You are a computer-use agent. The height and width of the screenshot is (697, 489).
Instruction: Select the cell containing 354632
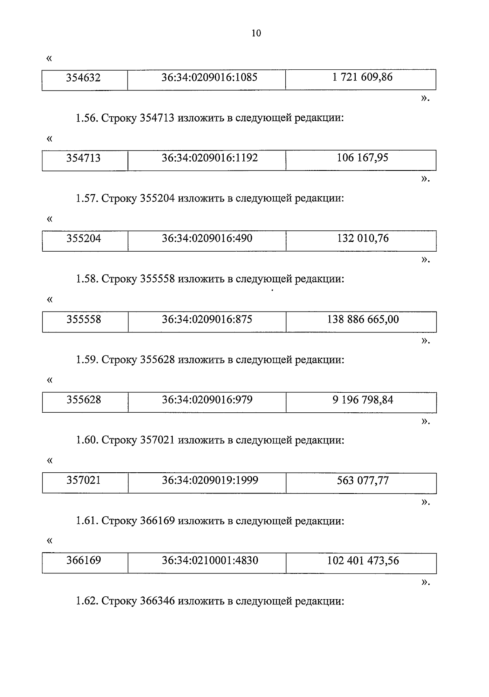[x=84, y=77]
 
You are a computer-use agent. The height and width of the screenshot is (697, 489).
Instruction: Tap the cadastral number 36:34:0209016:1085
[x=209, y=77]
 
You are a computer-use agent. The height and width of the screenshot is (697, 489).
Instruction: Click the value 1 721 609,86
[x=362, y=77]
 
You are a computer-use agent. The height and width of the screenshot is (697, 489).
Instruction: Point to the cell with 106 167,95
[x=362, y=157]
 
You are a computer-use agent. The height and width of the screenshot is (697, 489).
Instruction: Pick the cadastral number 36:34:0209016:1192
[x=209, y=158]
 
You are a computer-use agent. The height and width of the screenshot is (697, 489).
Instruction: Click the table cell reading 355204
[x=84, y=238]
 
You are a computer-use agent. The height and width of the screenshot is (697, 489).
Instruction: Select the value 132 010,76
[x=363, y=238]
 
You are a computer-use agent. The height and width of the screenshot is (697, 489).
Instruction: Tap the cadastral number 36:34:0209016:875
[x=207, y=319]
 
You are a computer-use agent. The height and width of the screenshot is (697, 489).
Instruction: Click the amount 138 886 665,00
[x=363, y=319]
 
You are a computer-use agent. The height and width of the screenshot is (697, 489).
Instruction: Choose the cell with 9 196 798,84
[x=363, y=400]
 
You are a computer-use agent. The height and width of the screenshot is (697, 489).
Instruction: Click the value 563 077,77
[x=363, y=480]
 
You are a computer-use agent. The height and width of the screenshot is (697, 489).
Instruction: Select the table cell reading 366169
[x=84, y=560]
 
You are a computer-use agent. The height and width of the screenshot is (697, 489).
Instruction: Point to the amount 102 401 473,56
[x=363, y=560]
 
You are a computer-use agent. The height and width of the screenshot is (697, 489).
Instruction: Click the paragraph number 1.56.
[x=86, y=119]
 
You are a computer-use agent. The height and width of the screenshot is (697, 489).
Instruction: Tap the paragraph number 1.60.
[x=86, y=440]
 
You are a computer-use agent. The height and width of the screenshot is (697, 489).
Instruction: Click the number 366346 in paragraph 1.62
[x=157, y=602]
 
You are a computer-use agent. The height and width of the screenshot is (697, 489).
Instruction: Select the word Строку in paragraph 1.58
[x=119, y=279]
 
